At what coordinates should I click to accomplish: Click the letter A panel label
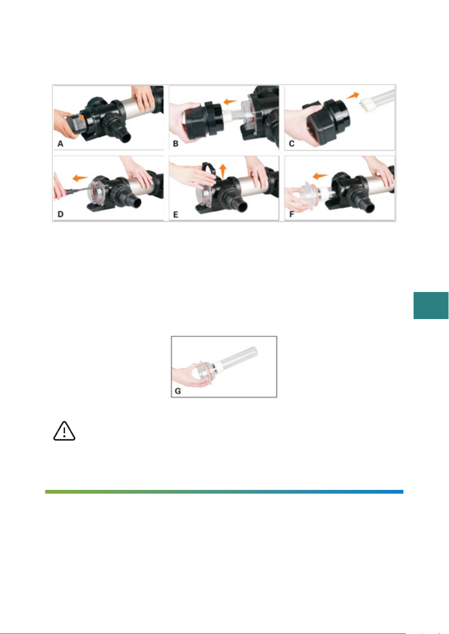tap(60, 144)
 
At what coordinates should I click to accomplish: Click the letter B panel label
tap(176, 144)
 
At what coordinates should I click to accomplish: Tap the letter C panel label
tap(292, 144)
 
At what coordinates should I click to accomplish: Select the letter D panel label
tap(61, 214)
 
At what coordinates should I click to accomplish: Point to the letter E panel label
tap(176, 215)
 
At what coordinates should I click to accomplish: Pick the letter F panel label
tap(292, 214)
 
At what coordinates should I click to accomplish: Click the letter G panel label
tap(178, 391)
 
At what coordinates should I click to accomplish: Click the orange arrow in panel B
tap(230, 101)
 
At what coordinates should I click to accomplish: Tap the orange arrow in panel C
tap(353, 96)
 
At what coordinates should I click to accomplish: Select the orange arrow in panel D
tap(80, 178)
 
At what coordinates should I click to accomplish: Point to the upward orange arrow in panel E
tap(223, 171)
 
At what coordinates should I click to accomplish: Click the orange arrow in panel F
tap(320, 176)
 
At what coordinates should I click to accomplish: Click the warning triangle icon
tap(64, 431)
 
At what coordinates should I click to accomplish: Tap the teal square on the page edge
tap(431, 306)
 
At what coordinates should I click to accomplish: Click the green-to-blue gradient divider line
tap(224, 492)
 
